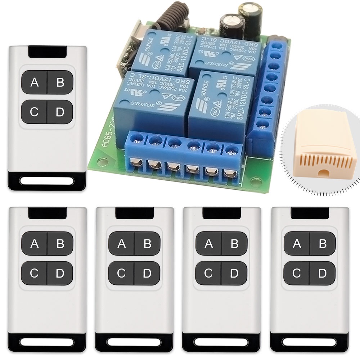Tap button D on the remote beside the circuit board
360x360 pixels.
point(60,112)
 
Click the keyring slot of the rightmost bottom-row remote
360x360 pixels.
point(310,341)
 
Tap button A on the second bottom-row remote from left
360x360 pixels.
point(121,244)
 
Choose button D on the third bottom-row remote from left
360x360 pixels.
point(234,273)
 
